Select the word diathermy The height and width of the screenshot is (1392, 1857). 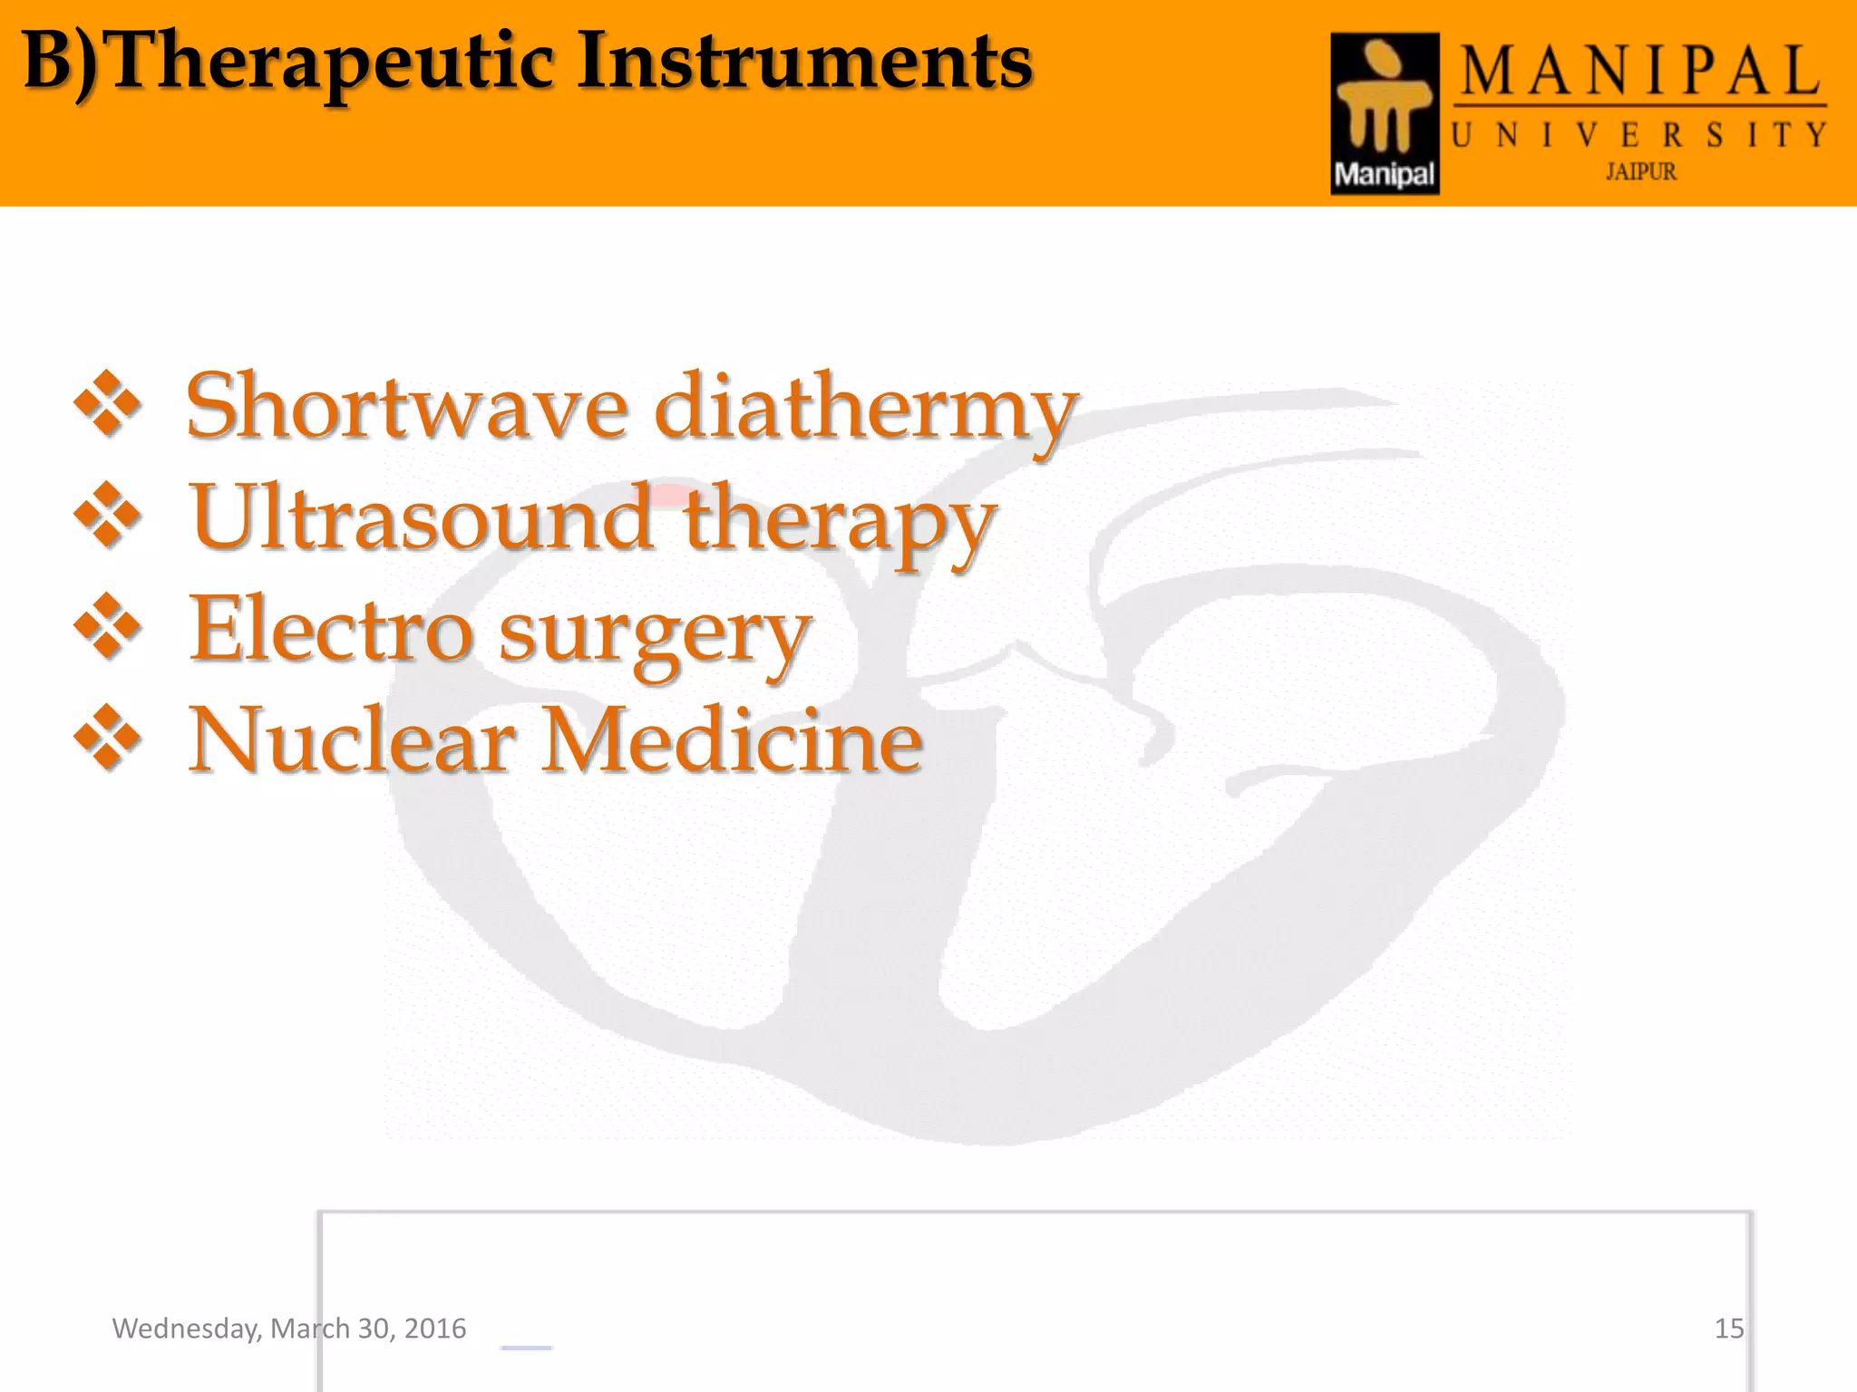(866, 410)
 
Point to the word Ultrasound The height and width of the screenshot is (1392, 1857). (421, 518)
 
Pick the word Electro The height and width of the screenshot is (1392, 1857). (330, 629)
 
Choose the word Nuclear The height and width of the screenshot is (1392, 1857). (352, 741)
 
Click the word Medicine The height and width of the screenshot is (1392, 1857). (733, 741)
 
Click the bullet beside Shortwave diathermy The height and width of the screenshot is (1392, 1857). (108, 403)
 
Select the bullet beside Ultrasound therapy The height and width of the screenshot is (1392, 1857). (108, 515)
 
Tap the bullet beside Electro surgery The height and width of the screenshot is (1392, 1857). (108, 626)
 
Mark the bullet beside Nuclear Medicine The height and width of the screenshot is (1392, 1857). (108, 738)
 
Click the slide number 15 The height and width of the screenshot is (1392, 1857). (1728, 1329)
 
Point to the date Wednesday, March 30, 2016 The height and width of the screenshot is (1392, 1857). (288, 1329)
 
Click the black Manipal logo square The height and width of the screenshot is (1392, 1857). (1385, 113)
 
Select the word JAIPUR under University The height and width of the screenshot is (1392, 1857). (1641, 171)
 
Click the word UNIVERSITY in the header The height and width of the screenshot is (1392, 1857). (1639, 136)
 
